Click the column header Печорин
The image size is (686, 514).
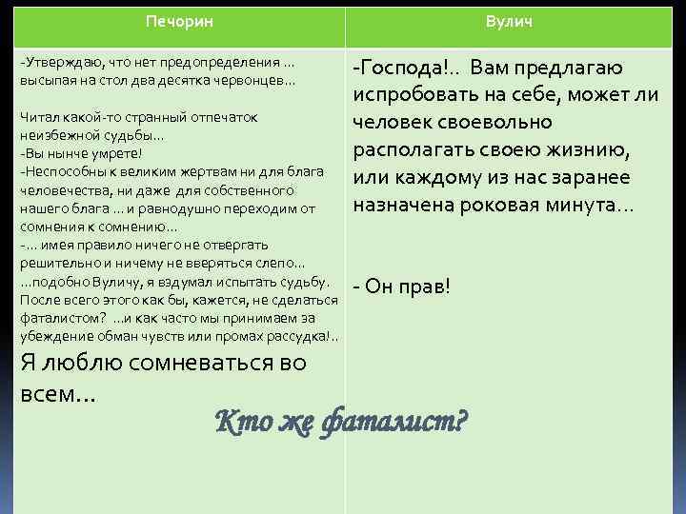click(x=179, y=20)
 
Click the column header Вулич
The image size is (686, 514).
click(x=509, y=20)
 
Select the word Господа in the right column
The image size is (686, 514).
click(x=401, y=68)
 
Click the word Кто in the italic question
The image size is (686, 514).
click(x=238, y=418)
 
